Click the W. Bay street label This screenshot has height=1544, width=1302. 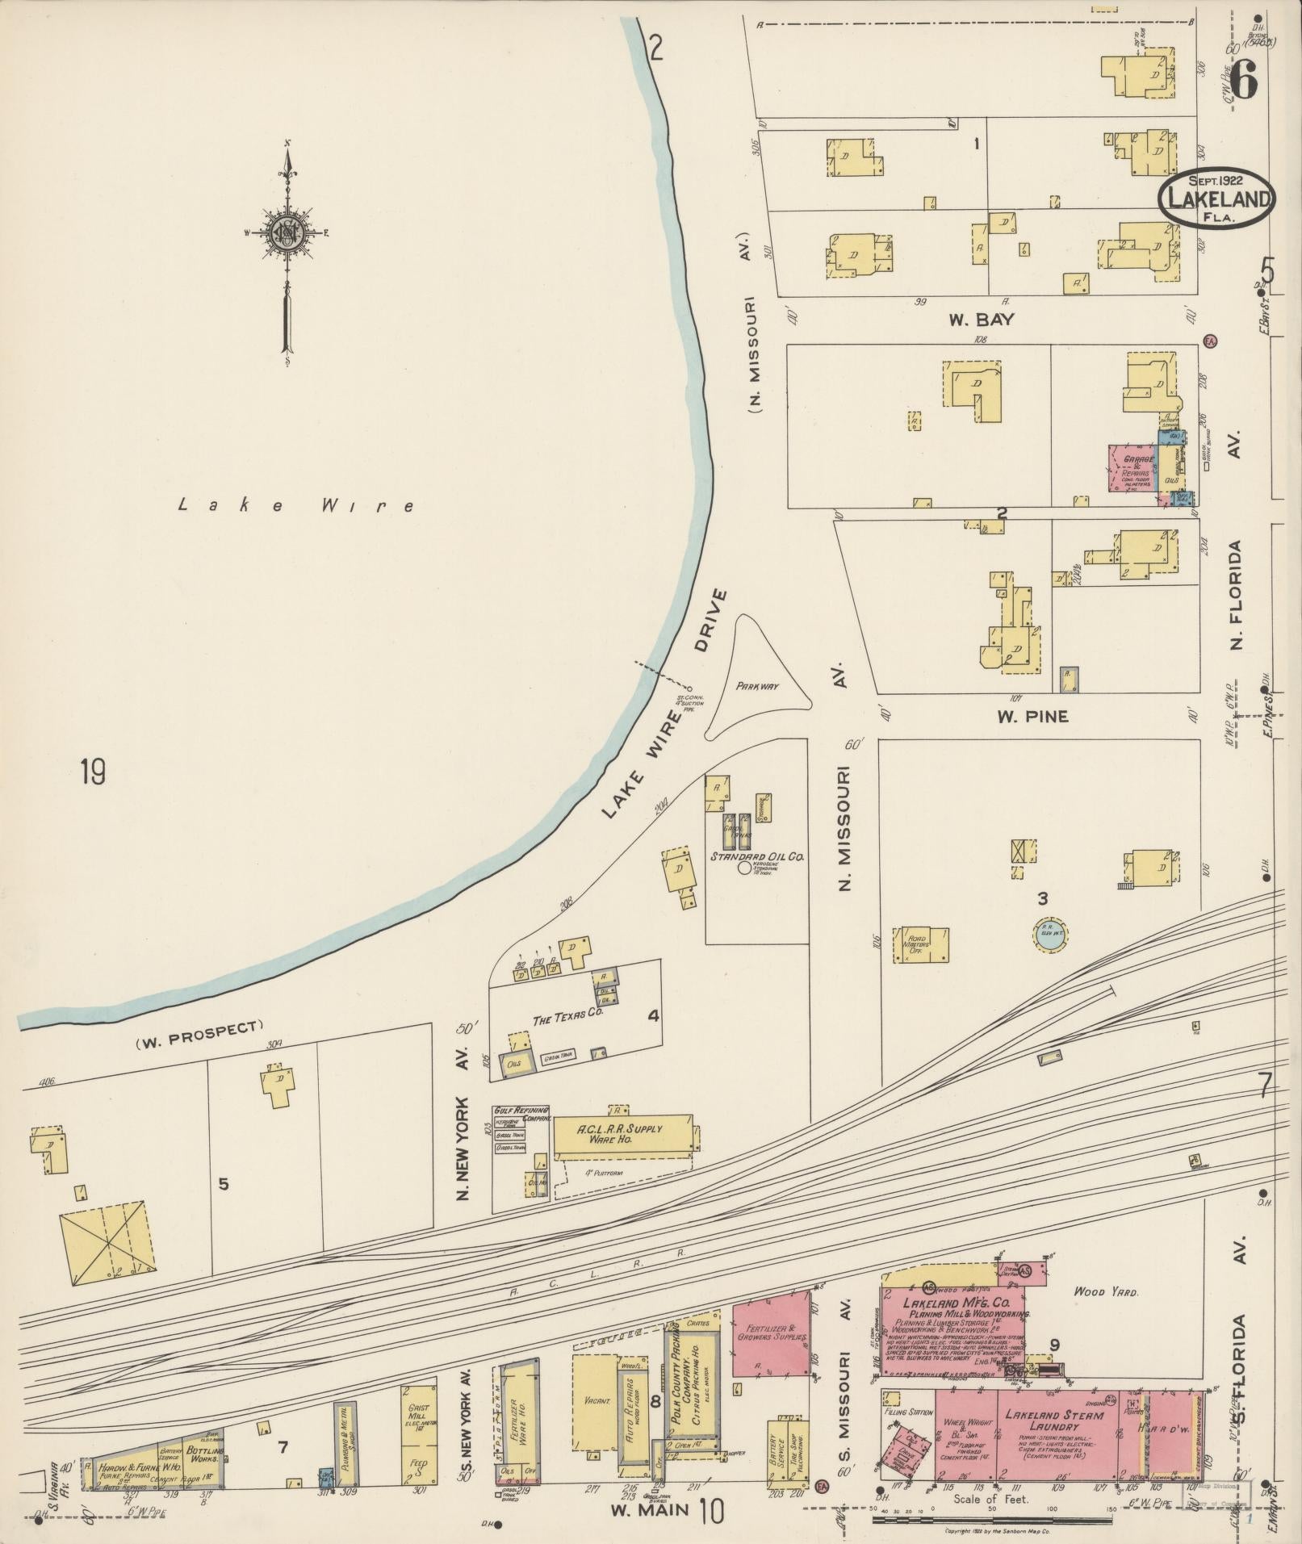(x=981, y=320)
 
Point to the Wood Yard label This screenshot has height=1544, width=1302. (x=1105, y=1292)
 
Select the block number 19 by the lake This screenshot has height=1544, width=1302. (x=93, y=772)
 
